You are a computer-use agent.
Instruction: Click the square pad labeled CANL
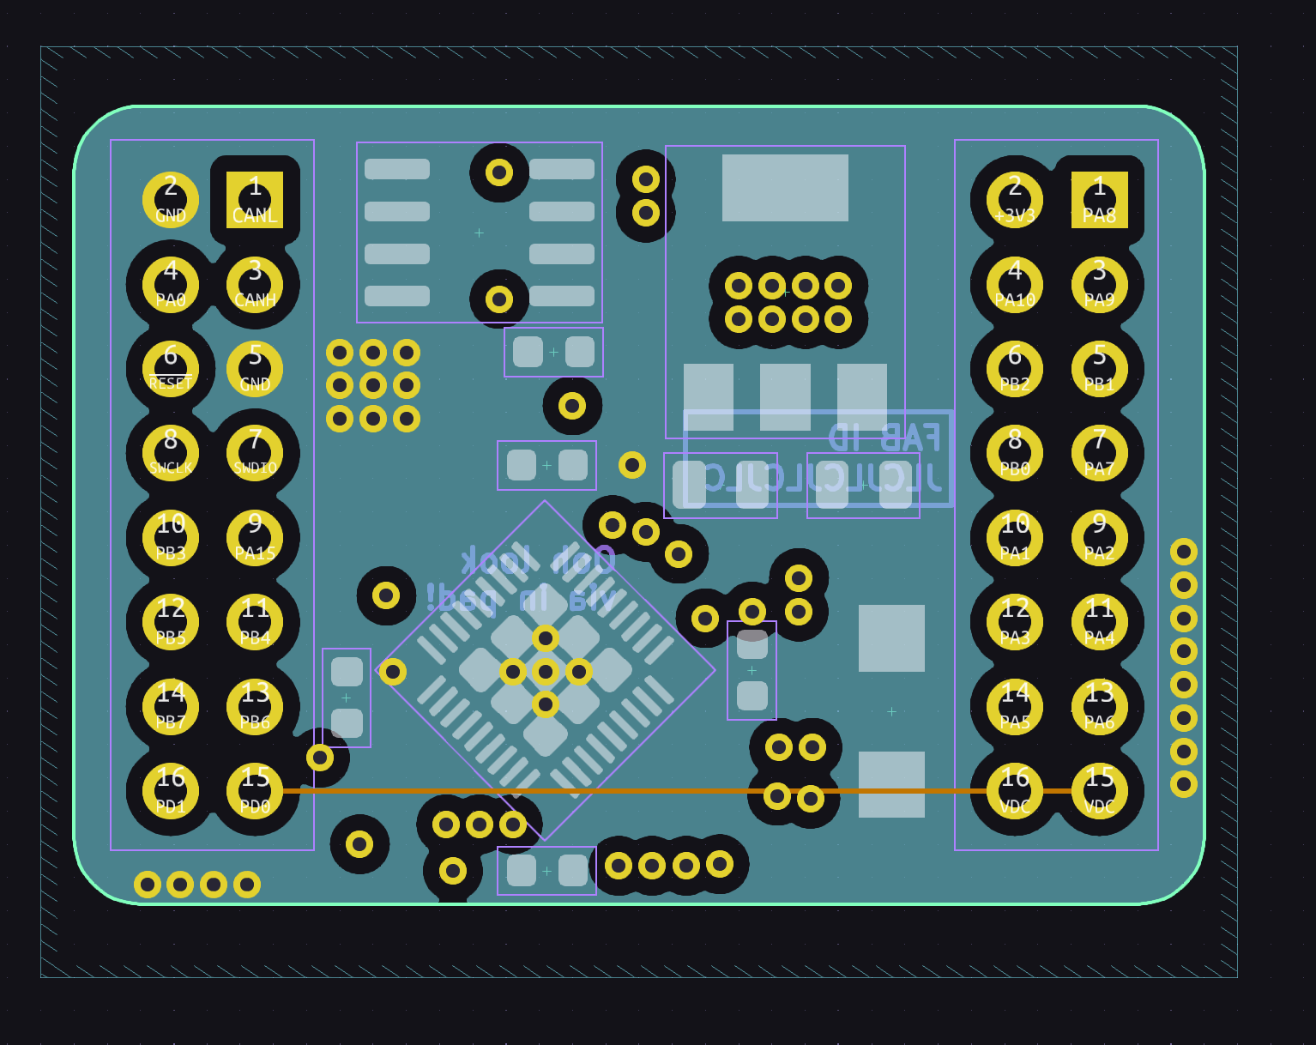(x=255, y=200)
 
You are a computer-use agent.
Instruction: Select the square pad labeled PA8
(x=1099, y=200)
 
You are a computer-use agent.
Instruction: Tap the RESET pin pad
(x=171, y=369)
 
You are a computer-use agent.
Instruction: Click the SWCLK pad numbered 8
(x=171, y=453)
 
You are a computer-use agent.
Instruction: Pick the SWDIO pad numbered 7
(x=255, y=453)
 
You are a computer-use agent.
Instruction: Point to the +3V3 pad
(x=1015, y=200)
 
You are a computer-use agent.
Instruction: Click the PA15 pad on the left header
(x=255, y=538)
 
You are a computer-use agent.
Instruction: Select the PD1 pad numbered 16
(x=171, y=791)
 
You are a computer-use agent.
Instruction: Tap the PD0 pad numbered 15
(x=255, y=791)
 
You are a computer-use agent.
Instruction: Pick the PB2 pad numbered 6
(x=1015, y=369)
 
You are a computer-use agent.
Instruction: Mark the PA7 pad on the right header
(x=1099, y=453)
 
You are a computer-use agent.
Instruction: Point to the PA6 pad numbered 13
(x=1099, y=707)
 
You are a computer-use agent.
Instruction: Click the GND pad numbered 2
(x=171, y=200)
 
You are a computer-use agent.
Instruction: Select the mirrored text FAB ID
(x=884, y=438)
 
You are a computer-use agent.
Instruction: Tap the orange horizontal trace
(x=652, y=791)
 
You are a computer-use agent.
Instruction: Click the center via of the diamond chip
(x=546, y=671)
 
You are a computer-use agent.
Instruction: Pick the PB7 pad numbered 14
(x=171, y=707)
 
